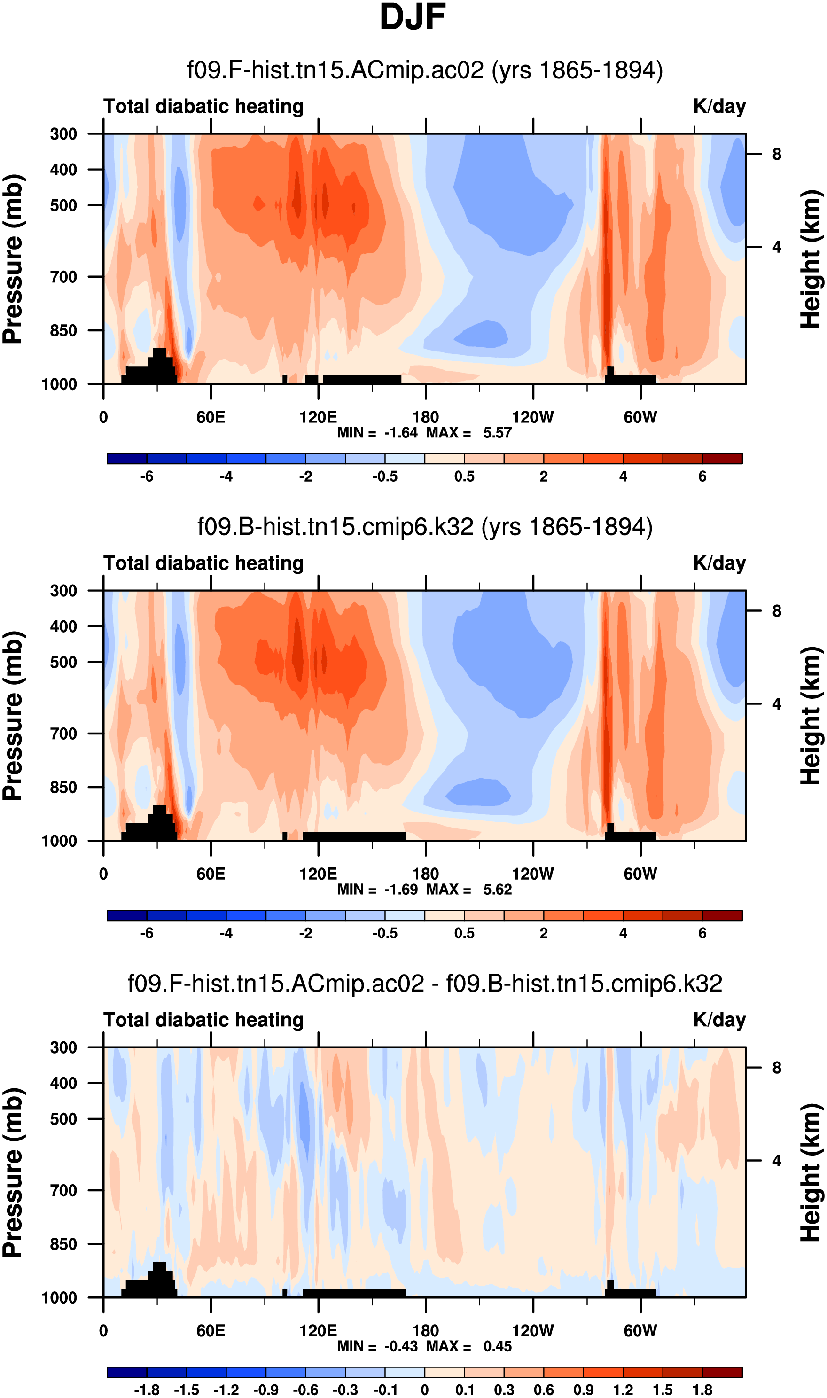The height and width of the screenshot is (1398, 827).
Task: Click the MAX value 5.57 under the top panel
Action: (x=497, y=433)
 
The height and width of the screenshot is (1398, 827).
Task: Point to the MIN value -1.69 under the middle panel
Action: (x=401, y=890)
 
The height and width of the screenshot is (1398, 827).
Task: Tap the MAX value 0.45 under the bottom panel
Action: (x=497, y=1346)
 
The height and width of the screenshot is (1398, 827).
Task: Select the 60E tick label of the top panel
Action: (x=211, y=417)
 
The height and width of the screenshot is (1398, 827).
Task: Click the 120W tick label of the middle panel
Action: (x=533, y=874)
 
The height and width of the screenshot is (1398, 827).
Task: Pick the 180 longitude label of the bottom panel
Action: (x=425, y=1331)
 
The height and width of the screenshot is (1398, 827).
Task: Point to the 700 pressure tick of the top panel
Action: (x=63, y=276)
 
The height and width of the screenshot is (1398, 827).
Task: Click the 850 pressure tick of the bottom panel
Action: (x=63, y=1244)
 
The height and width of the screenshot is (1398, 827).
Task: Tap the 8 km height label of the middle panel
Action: (x=776, y=611)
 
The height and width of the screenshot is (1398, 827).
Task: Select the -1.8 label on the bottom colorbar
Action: (x=147, y=1390)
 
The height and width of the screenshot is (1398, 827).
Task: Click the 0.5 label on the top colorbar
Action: (x=464, y=476)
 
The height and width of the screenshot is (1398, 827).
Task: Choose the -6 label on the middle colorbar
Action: (x=147, y=933)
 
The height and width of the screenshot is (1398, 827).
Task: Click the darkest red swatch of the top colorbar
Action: (x=722, y=459)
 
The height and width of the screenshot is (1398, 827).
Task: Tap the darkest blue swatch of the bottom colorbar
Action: (x=126, y=1372)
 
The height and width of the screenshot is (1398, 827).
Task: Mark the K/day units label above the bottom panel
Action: (x=719, y=1020)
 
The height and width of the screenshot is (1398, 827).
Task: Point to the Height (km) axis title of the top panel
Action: (x=811, y=259)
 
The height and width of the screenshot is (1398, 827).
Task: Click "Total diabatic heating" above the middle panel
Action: (x=203, y=563)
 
